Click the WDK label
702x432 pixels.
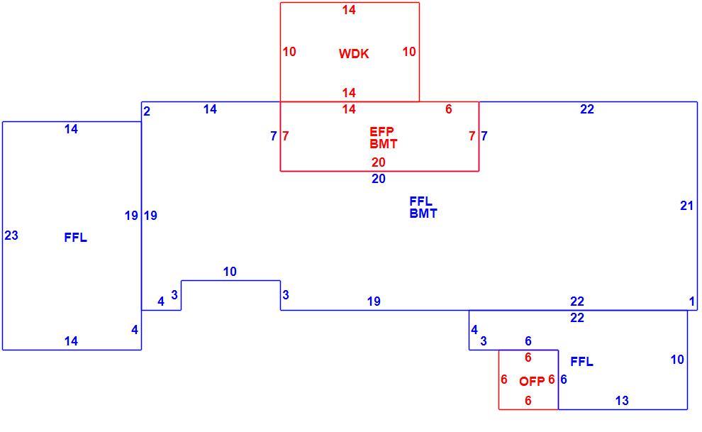(x=354, y=54)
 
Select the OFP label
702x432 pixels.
(x=532, y=382)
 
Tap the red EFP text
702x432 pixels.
(x=382, y=132)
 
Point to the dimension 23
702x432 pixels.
(x=11, y=236)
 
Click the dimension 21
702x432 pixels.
(x=687, y=206)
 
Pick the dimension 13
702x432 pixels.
(x=622, y=401)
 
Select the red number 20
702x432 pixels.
(x=379, y=162)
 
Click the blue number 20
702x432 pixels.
(x=379, y=179)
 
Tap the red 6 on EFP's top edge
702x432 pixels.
(x=449, y=109)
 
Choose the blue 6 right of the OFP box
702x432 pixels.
(x=564, y=380)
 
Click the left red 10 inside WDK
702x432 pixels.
(x=289, y=52)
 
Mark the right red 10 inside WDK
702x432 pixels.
(x=408, y=52)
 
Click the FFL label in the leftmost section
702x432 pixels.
(x=76, y=238)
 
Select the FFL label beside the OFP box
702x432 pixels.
(x=582, y=362)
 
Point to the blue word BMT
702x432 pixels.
(x=423, y=214)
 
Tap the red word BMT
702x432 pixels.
(x=384, y=144)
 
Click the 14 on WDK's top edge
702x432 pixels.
(x=349, y=10)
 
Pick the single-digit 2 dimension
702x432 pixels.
(x=147, y=111)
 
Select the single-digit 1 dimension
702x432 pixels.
(x=691, y=301)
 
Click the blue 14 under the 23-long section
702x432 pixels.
(x=71, y=341)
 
